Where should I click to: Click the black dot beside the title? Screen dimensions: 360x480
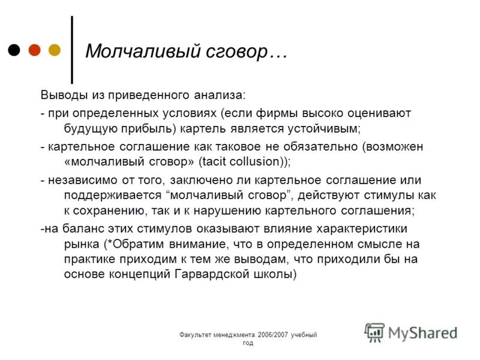15,50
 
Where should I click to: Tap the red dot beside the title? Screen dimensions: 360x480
34,50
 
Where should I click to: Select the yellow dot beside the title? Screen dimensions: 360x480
54,50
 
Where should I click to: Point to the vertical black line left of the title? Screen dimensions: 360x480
72,49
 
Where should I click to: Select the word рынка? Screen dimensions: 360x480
80,244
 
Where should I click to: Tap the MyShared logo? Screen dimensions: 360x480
412,332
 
